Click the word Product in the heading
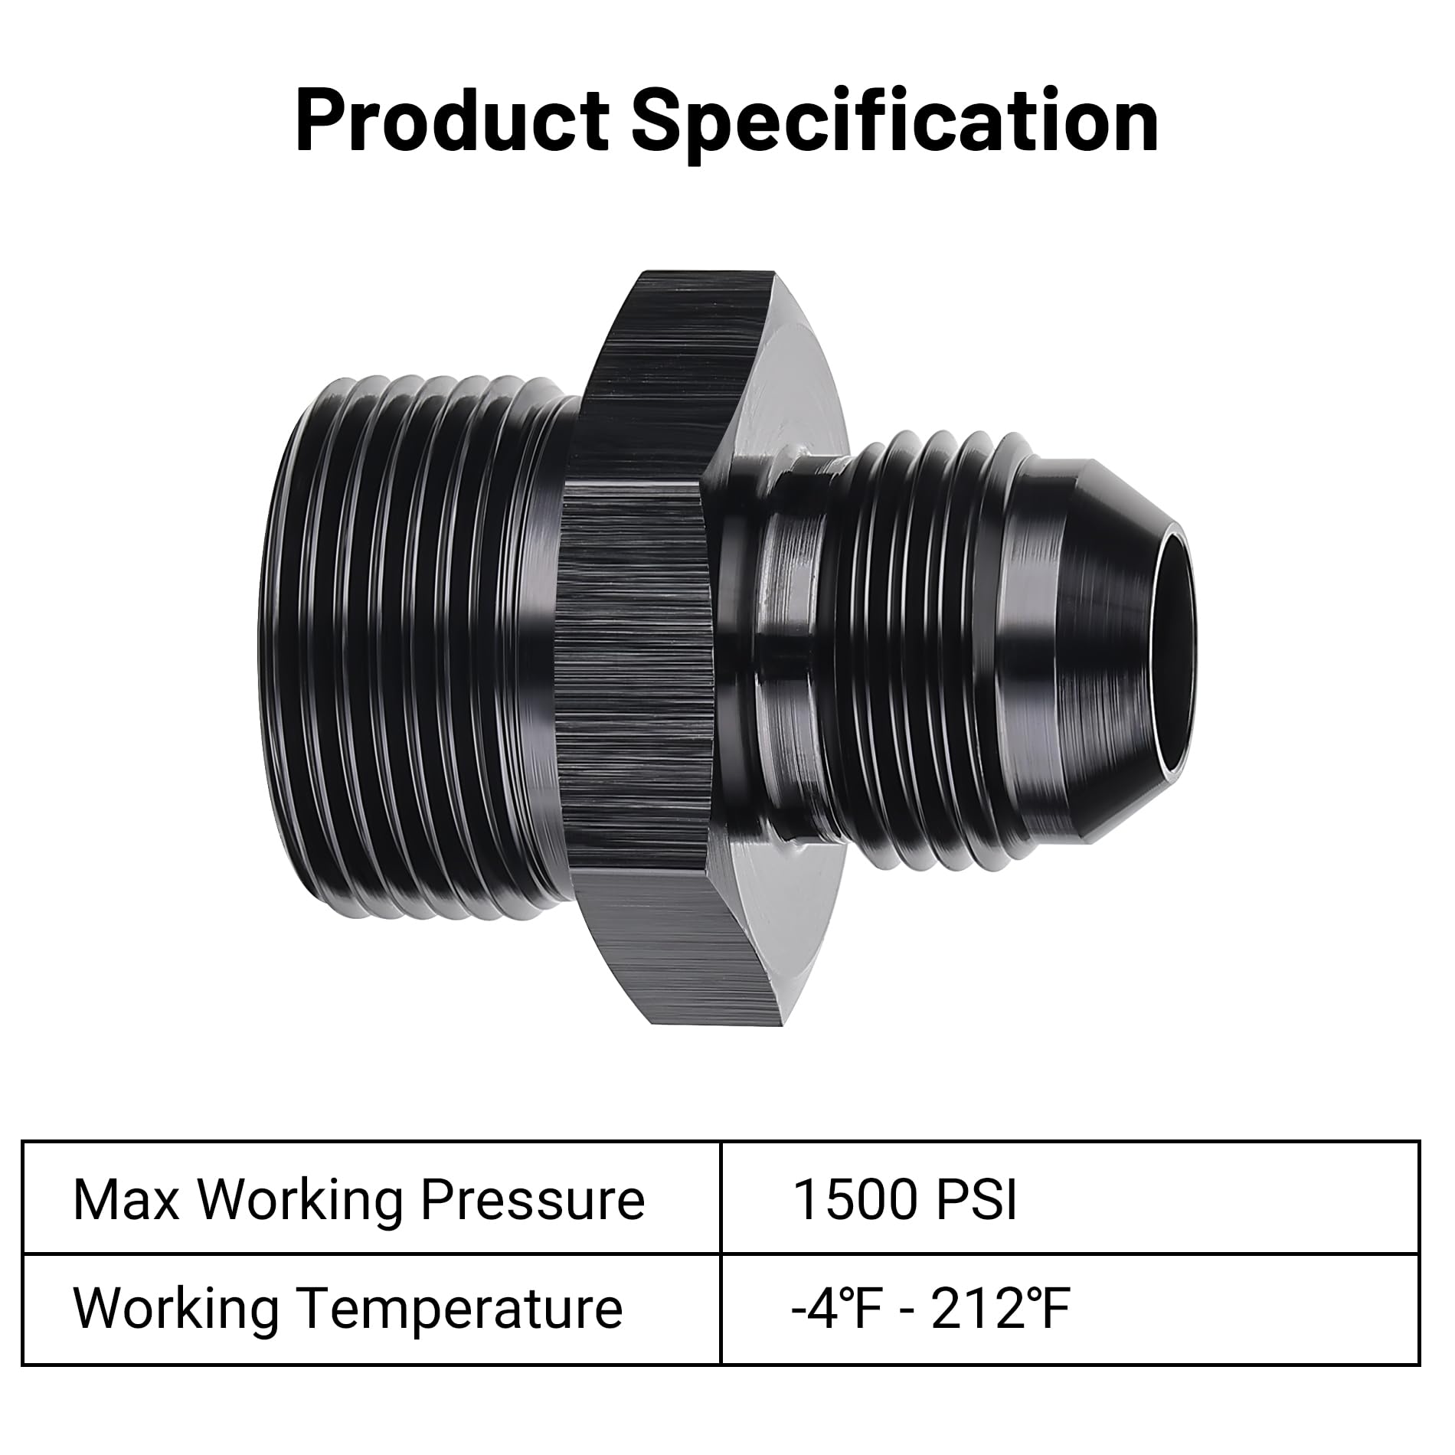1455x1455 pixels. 452,121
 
